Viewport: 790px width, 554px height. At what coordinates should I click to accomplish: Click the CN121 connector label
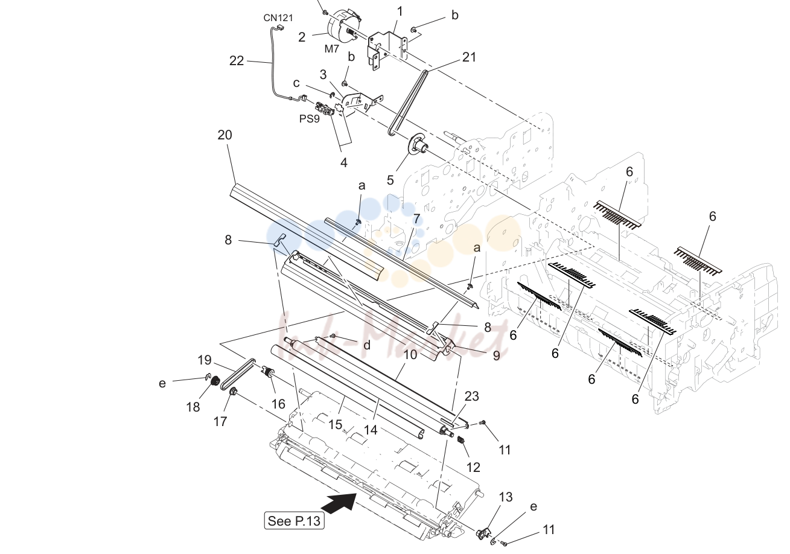278,18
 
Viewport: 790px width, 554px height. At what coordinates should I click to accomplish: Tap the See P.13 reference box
294,521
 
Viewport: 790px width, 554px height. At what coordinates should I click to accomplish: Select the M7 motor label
331,49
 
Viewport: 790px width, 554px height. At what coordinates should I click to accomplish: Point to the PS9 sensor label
309,119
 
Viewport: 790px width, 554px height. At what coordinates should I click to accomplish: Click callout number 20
225,135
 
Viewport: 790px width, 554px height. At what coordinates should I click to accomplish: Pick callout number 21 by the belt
469,57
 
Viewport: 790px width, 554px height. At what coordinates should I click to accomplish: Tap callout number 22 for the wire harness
237,61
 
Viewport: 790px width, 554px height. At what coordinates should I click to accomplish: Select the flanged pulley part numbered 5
418,146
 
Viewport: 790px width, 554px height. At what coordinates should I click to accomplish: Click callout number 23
471,396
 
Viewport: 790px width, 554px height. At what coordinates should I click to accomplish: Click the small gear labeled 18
214,381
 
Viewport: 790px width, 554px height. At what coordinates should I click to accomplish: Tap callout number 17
220,421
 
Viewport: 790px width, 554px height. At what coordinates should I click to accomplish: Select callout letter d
367,345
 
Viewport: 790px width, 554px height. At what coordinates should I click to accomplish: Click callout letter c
296,83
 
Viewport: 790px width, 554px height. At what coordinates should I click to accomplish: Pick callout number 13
505,497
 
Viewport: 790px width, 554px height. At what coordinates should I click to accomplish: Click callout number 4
344,162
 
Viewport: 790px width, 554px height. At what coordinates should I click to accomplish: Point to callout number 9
496,355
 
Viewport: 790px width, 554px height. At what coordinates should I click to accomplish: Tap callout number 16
278,404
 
